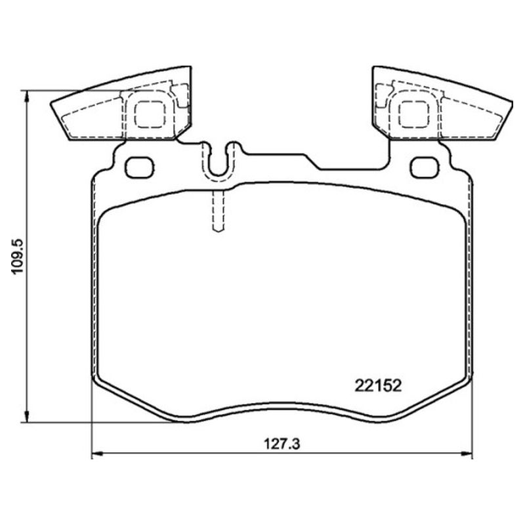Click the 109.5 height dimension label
click(x=18, y=256)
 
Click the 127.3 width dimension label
click(x=282, y=444)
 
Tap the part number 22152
click(x=378, y=386)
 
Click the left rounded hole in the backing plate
click(x=139, y=167)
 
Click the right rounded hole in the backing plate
click(x=425, y=167)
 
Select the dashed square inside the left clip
click(x=150, y=115)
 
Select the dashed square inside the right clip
click(x=414, y=115)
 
